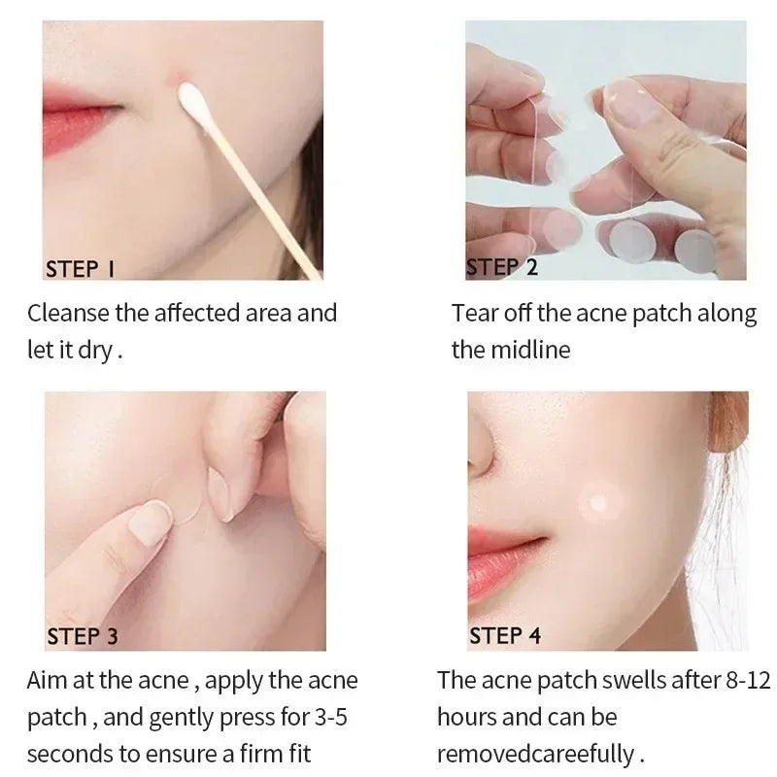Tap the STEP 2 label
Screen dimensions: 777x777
point(502,267)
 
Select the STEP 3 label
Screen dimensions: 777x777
point(83,636)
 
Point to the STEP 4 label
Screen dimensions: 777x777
point(505,636)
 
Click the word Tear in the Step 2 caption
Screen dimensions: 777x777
point(472,314)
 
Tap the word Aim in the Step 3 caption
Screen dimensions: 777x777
point(46,680)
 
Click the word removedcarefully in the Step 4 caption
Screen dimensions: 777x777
point(536,754)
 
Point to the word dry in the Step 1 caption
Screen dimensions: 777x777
point(95,350)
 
